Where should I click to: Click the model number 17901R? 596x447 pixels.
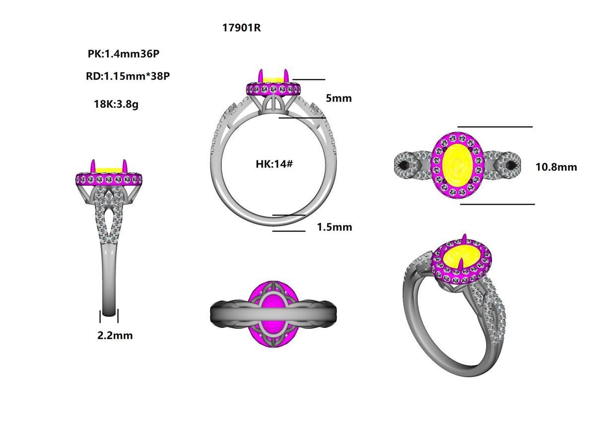(241, 28)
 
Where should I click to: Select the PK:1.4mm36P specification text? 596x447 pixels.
(123, 54)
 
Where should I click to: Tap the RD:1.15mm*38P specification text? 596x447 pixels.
(128, 76)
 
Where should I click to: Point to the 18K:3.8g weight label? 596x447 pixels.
(116, 104)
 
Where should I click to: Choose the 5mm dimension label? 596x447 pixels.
(338, 98)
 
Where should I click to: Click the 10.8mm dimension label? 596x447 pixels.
(556, 167)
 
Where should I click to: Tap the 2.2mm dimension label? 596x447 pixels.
(115, 336)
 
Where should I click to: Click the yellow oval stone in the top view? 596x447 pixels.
(456, 165)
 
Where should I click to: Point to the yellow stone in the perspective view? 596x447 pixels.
(459, 259)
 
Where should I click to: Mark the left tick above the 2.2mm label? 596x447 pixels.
(101, 316)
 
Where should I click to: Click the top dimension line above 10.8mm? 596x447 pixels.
(495, 127)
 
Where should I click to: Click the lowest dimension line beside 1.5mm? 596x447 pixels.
(289, 231)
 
